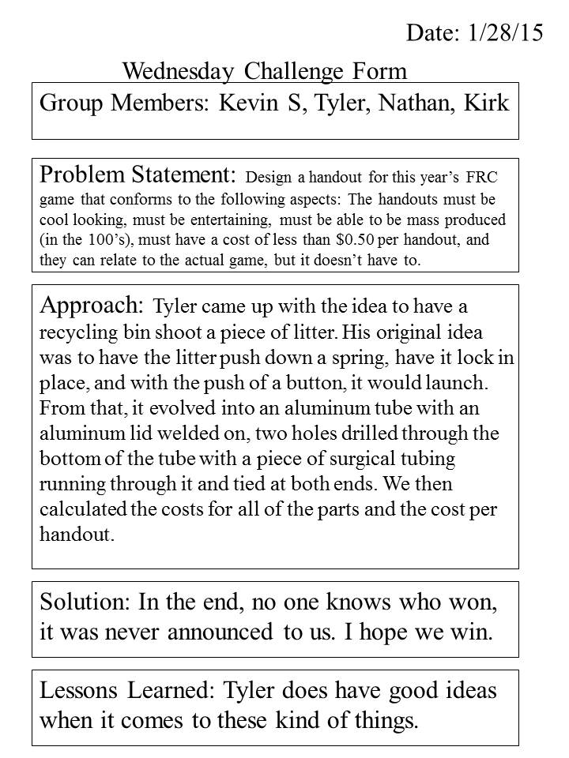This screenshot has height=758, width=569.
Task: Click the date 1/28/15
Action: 509,32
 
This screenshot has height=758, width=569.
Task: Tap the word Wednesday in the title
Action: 178,72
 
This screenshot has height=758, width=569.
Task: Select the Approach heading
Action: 91,306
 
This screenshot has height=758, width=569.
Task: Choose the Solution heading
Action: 85,605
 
